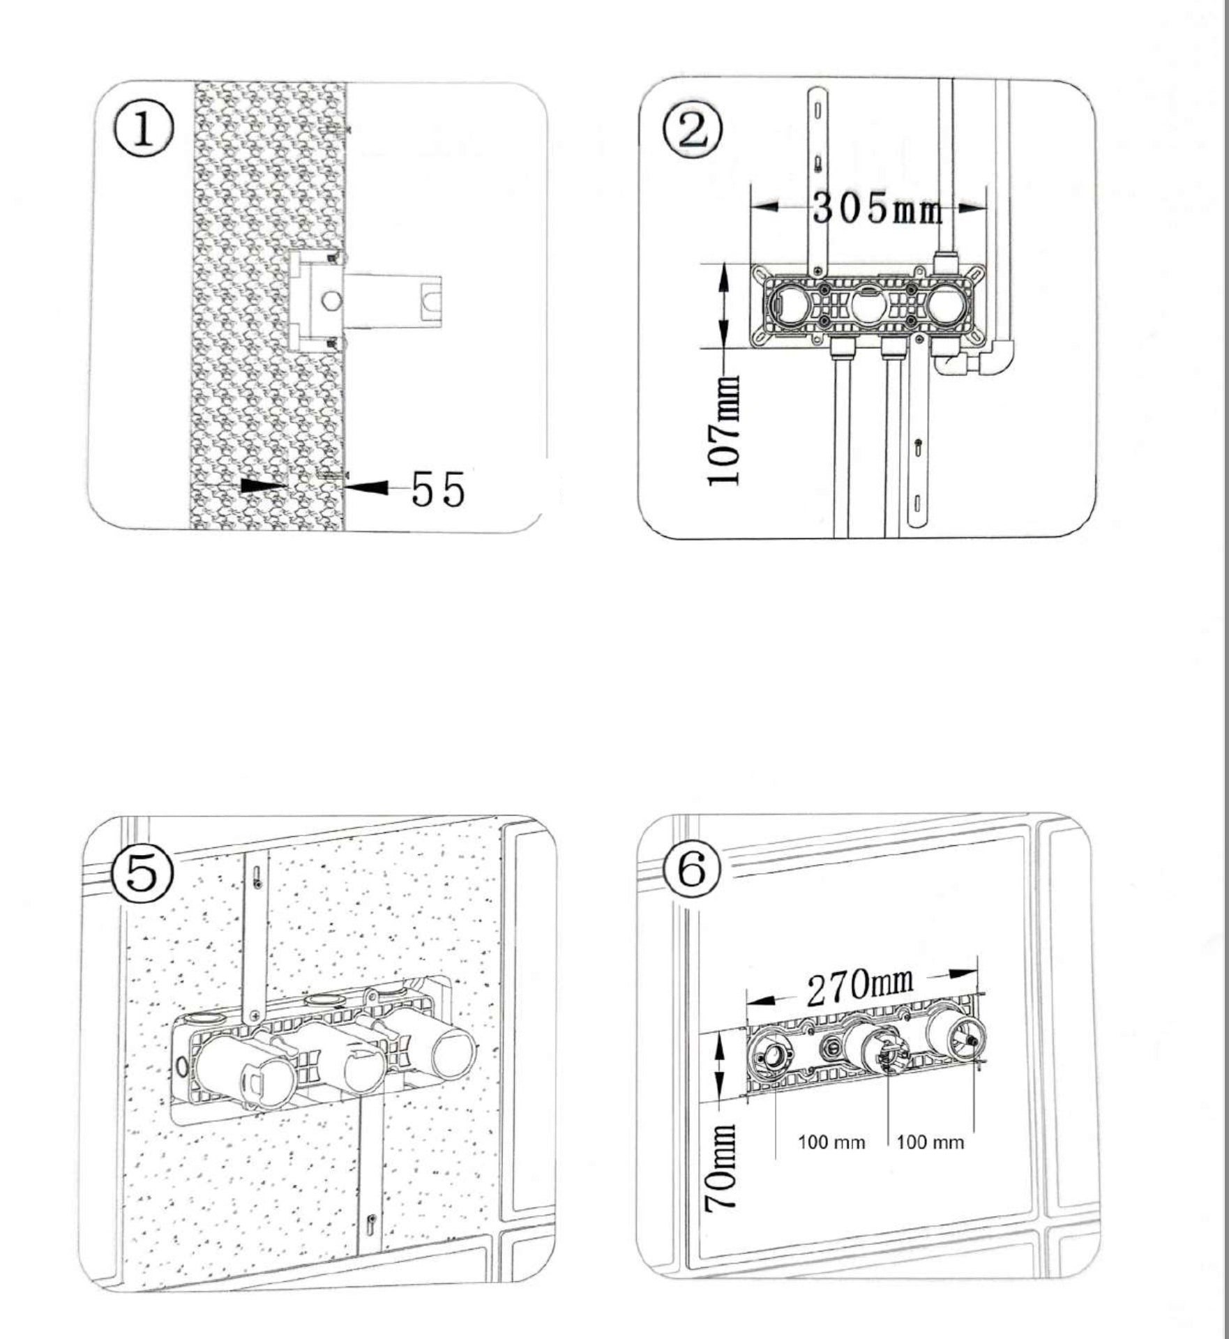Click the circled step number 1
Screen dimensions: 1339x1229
144,131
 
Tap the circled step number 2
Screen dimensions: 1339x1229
693,131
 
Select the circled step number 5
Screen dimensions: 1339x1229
142,873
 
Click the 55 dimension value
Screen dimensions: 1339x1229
437,489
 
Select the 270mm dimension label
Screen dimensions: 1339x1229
859,985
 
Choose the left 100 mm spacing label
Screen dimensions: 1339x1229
831,1142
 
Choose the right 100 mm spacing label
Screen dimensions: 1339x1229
930,1142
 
